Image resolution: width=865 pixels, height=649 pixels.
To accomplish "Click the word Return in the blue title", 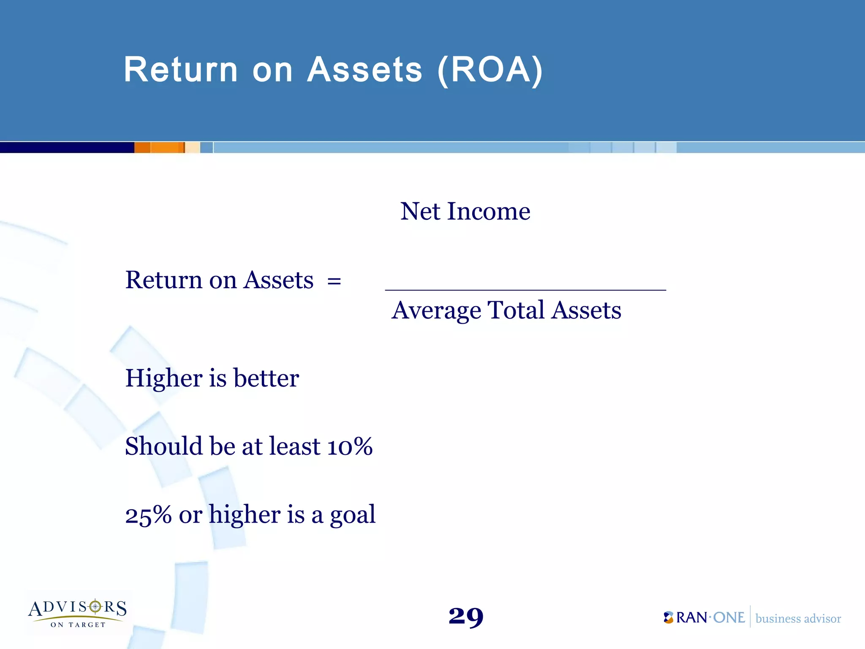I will tap(181, 70).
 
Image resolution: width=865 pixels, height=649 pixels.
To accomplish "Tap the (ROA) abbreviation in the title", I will tap(490, 71).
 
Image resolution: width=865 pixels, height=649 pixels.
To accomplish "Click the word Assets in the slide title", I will tap(364, 70).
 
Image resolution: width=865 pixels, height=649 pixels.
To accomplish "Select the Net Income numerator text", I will tap(465, 211).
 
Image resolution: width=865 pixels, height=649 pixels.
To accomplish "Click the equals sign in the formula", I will tap(334, 281).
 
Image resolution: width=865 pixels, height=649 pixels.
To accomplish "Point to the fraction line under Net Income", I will tap(525, 290).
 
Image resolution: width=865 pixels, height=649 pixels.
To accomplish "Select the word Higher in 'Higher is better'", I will tap(164, 378).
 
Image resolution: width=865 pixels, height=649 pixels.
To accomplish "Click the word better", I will tap(266, 378).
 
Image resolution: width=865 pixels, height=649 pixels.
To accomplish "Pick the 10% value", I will tap(350, 447).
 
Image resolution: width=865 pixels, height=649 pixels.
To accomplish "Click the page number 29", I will tap(466, 616).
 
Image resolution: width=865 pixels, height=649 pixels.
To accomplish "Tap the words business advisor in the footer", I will tap(798, 619).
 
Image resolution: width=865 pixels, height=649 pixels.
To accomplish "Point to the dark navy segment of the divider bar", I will tap(67, 147).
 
